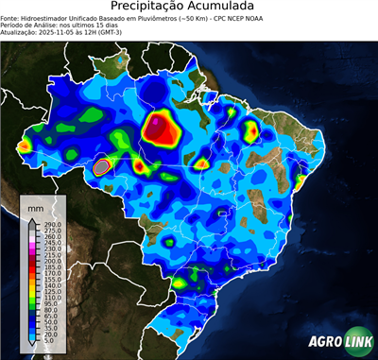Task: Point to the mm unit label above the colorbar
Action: click(x=35, y=204)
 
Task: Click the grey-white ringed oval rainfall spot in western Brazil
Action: click(x=103, y=167)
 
